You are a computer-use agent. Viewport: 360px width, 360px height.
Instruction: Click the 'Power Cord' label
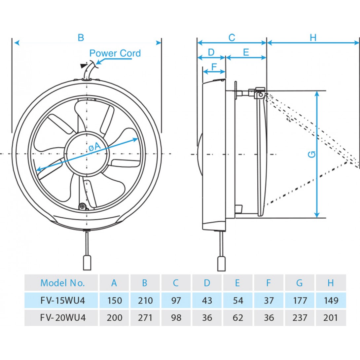115,53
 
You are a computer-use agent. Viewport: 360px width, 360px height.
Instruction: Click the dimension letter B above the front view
81,38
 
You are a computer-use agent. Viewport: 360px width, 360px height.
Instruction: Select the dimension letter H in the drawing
313,38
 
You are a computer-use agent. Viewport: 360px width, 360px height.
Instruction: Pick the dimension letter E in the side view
246,52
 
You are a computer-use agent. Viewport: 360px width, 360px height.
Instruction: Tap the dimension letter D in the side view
211,52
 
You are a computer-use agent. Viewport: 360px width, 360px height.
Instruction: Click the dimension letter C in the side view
232,38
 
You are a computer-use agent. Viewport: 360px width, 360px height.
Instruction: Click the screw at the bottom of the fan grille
83,207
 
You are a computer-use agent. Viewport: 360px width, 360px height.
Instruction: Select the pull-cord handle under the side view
221,263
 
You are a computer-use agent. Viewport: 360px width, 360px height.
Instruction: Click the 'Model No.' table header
62,283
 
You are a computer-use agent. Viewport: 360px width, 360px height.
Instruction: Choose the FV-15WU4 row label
63,301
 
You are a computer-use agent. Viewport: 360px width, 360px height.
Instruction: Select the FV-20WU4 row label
63,318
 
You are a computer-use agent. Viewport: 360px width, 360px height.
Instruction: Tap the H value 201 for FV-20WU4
331,318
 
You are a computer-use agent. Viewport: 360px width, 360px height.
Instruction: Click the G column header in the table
300,283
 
